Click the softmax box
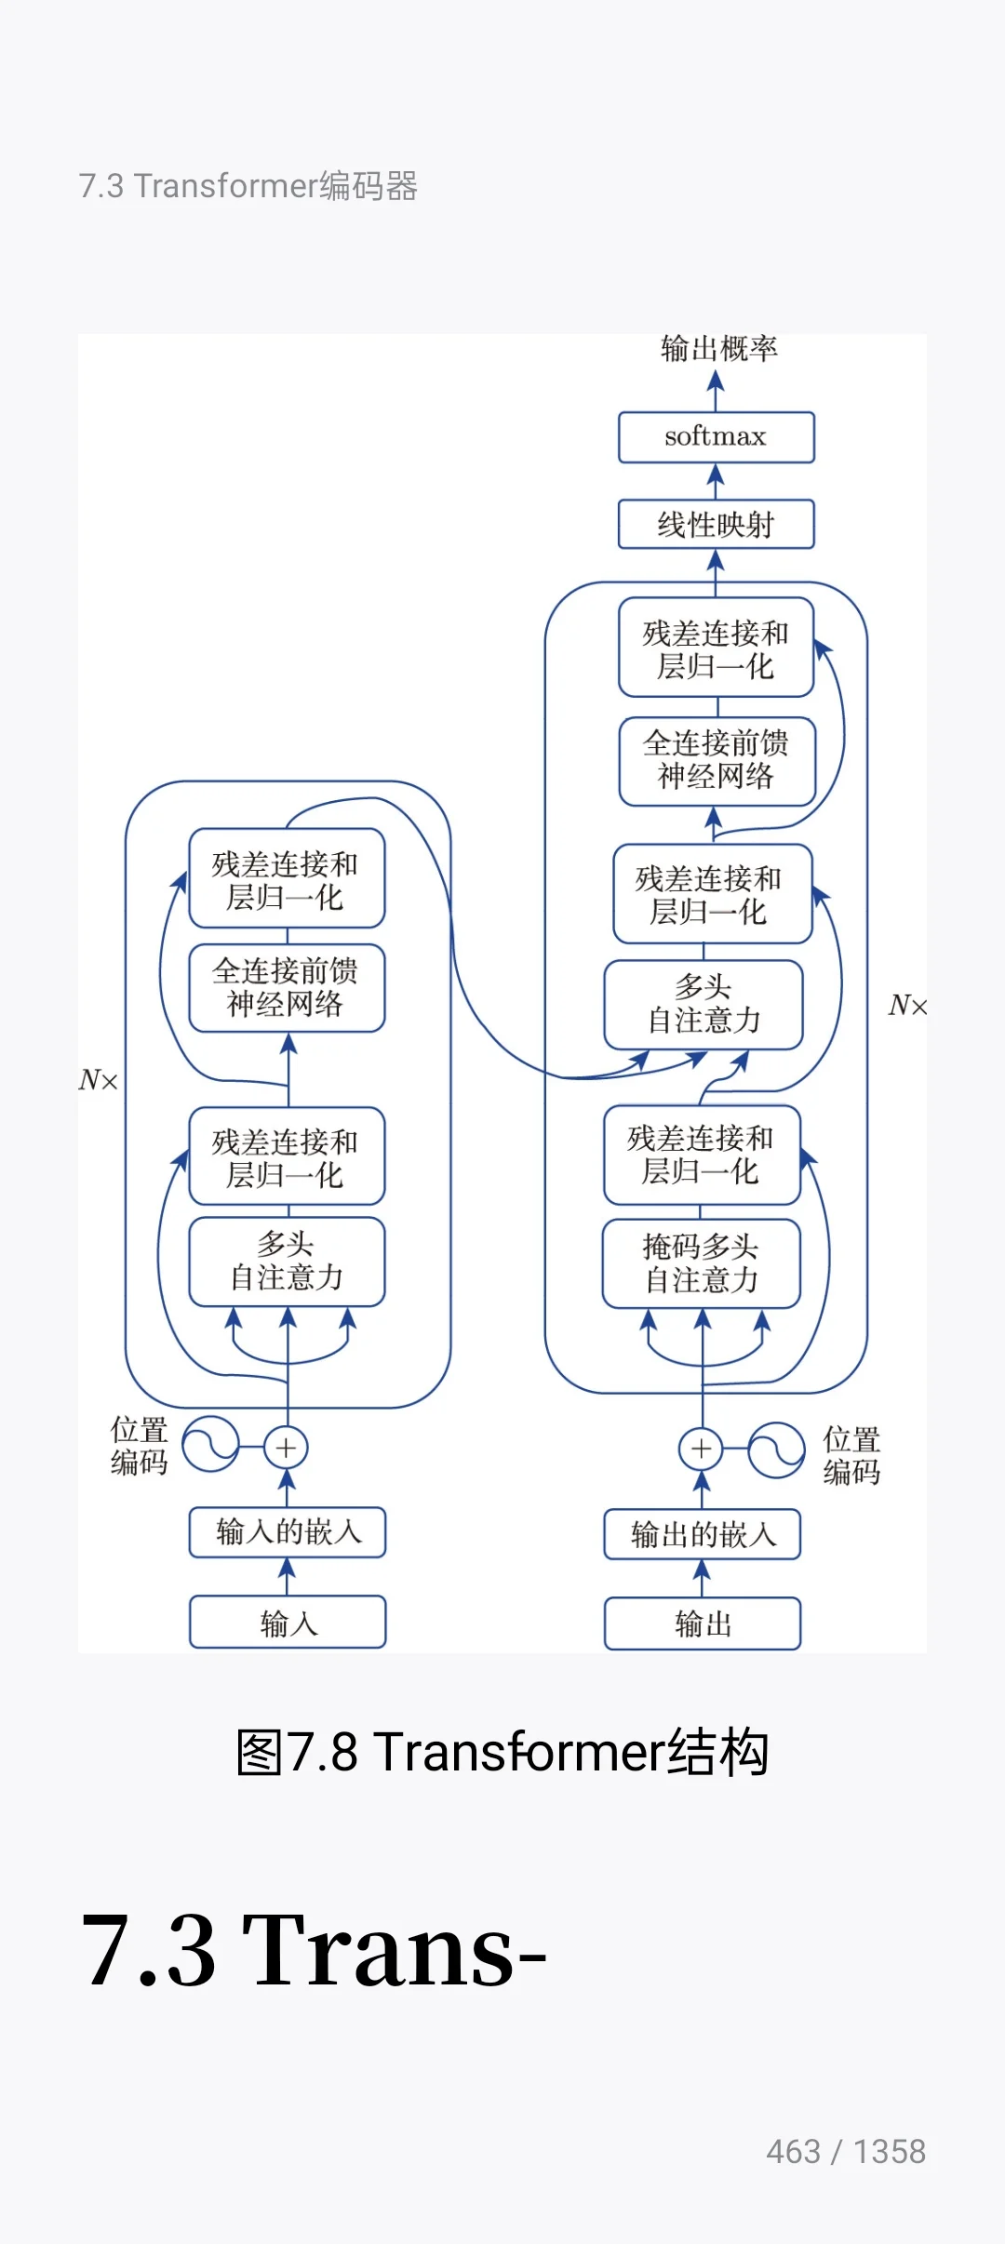coord(716,437)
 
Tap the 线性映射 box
coord(716,525)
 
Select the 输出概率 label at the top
coord(718,349)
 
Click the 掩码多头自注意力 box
coord(702,1263)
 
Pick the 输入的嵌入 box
coord(288,1532)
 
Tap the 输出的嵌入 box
coord(703,1534)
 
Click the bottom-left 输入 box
coord(288,1623)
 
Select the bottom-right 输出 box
coord(703,1623)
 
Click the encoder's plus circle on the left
coord(287,1448)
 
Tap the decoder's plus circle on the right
coord(702,1449)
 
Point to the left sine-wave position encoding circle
coord(210,1445)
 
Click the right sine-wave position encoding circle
coord(777,1449)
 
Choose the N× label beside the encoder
coord(98,1080)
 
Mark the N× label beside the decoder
coord(907,1006)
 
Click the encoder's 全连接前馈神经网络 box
coord(287,988)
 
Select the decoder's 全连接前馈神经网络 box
coord(717,760)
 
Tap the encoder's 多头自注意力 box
coord(287,1262)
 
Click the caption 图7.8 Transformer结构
coord(502,1753)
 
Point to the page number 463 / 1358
coord(845,2152)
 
